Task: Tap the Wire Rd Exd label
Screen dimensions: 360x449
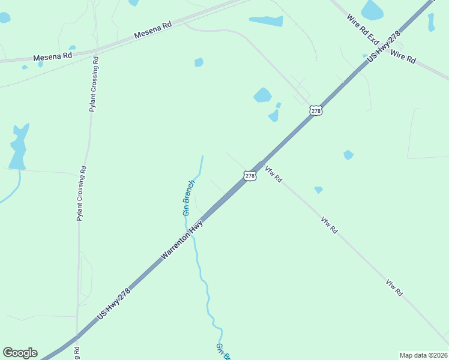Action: pyautogui.click(x=363, y=29)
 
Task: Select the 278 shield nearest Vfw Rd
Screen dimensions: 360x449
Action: pyautogui.click(x=250, y=175)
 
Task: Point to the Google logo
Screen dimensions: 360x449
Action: pyautogui.click(x=20, y=353)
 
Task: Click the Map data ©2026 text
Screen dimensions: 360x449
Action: pyautogui.click(x=423, y=355)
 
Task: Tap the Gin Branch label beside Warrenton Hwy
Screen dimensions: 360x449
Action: pyautogui.click(x=188, y=198)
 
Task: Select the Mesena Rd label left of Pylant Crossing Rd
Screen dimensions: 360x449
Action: pyautogui.click(x=53, y=56)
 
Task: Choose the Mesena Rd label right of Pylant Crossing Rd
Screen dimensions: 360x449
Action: pyautogui.click(x=153, y=30)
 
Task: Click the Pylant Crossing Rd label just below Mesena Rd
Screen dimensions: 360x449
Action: pyautogui.click(x=94, y=85)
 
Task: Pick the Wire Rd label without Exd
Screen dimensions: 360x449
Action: pyautogui.click(x=403, y=57)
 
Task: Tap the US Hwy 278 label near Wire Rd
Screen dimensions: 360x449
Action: pyautogui.click(x=384, y=46)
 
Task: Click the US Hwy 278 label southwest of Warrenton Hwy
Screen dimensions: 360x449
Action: pyautogui.click(x=113, y=303)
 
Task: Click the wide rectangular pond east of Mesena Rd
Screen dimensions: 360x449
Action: pyautogui.click(x=267, y=21)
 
